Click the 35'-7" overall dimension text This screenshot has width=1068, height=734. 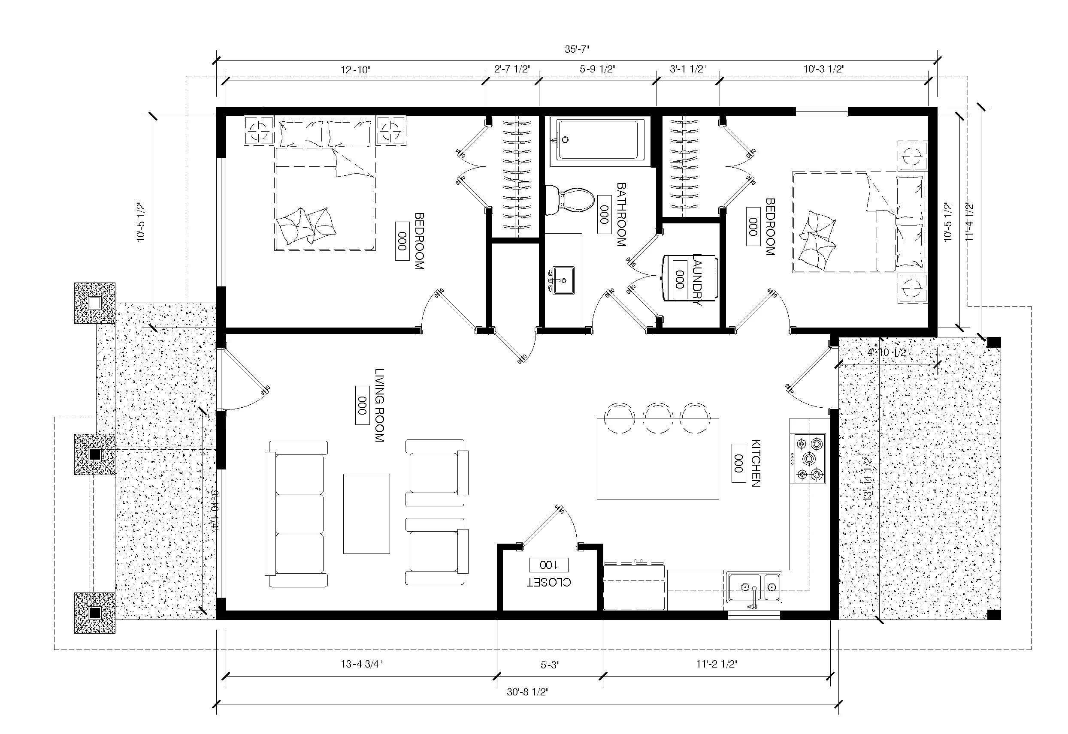pos(577,49)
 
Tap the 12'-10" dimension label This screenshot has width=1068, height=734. pos(355,69)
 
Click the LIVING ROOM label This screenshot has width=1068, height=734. pos(379,405)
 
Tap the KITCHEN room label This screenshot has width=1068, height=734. pos(755,463)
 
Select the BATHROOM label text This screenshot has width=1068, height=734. pos(621,215)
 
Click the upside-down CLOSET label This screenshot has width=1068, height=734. pos(548,582)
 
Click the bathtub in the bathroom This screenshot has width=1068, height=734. pos(600,140)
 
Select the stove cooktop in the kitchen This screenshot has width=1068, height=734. pos(808,458)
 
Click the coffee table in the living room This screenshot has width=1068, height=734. pos(366,513)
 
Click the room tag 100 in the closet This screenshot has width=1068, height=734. pos(548,564)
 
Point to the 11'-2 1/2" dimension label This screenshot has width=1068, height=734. pos(716,664)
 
